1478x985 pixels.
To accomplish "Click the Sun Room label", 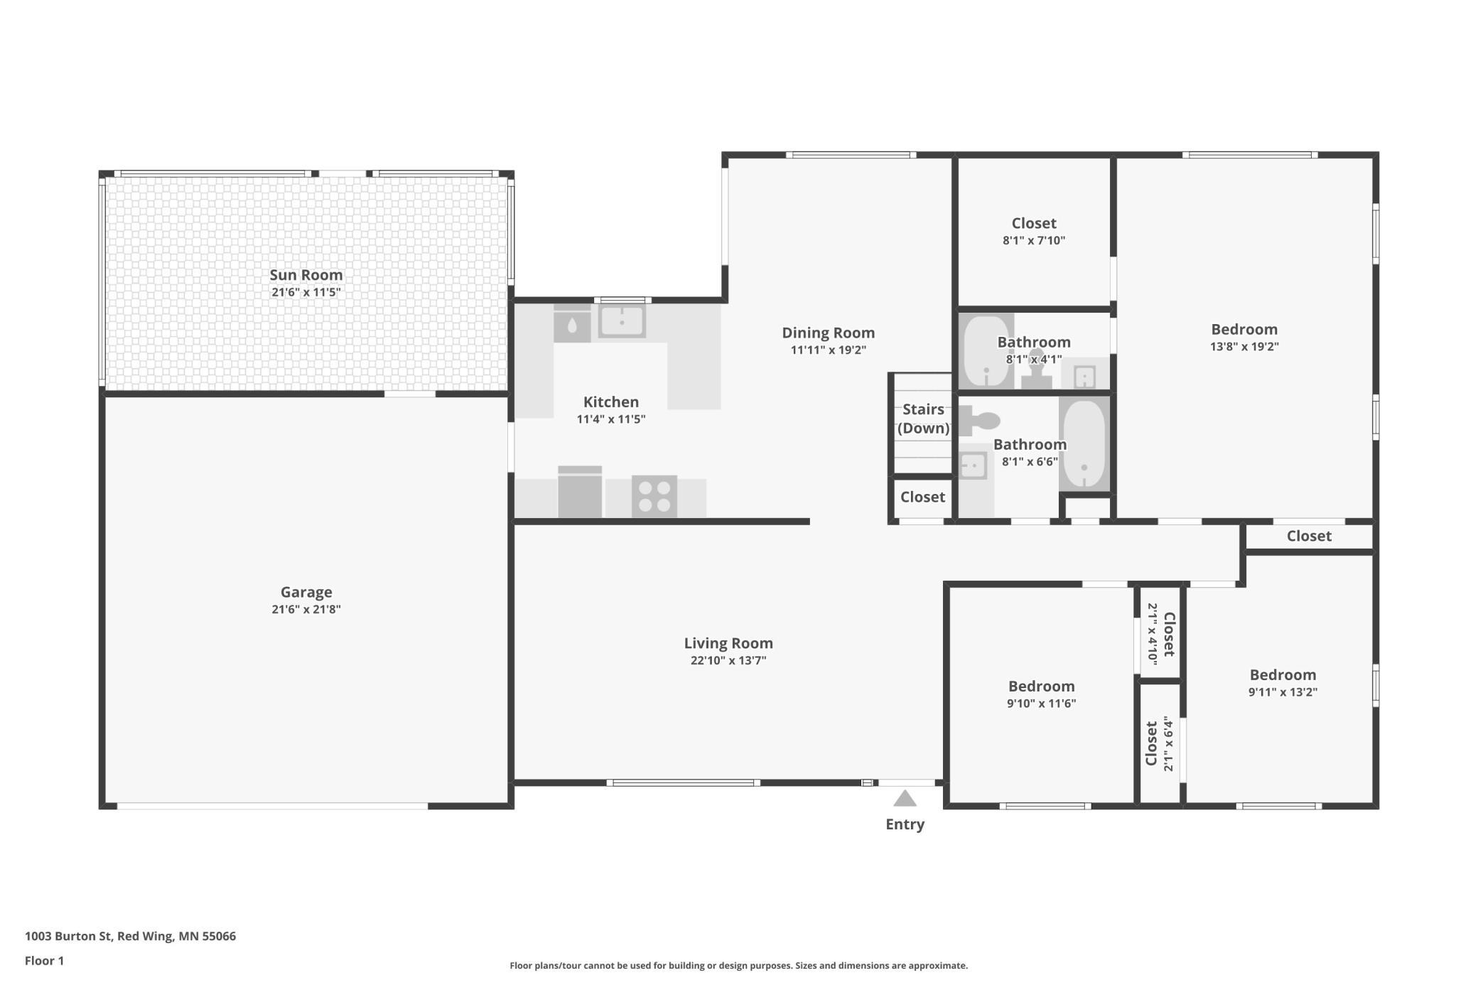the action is [306, 275].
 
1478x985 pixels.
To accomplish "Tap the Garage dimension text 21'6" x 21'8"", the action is [306, 609].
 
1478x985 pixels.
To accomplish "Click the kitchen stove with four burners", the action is [654, 496].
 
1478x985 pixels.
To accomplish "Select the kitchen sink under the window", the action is [622, 321].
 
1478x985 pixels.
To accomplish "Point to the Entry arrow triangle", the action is [905, 799].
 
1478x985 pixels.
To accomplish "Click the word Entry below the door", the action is [905, 824].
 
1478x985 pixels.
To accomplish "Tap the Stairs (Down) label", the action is [923, 419].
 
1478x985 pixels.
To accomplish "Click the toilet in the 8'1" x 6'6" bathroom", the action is [980, 421].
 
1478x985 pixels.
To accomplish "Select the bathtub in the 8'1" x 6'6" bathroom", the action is [1084, 443].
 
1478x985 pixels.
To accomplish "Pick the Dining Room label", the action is [828, 333].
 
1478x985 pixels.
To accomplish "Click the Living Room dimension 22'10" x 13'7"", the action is [728, 660].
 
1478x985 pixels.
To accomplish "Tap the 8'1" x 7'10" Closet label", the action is [1034, 223].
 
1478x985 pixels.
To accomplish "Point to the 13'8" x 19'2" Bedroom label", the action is [1244, 329].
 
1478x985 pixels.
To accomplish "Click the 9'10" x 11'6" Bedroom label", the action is [1041, 686].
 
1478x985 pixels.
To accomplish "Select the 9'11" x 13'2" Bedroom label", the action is [1283, 674].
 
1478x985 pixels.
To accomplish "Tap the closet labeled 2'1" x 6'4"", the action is [1159, 743].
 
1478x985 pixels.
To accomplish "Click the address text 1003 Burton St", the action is [68, 936].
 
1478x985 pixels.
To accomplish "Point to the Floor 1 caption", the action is [44, 961].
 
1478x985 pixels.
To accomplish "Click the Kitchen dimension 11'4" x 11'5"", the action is [611, 419].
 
